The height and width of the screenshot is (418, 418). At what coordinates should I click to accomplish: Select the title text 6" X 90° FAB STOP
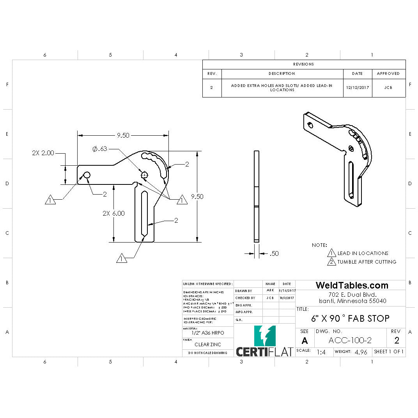tap(350, 318)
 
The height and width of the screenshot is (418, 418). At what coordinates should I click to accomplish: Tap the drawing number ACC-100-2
tap(350, 340)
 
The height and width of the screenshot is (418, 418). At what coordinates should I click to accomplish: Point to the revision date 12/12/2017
tap(357, 88)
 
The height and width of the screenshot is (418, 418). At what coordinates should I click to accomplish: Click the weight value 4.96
tap(361, 352)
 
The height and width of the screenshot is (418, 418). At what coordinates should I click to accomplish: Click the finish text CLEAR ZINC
tap(207, 344)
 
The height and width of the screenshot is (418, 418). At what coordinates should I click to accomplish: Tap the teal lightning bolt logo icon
tap(265, 336)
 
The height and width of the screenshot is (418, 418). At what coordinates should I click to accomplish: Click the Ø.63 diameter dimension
tap(100, 149)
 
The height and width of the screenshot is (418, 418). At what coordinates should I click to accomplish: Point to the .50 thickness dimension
tap(274, 253)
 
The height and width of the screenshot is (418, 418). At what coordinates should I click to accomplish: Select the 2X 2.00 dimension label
tap(43, 153)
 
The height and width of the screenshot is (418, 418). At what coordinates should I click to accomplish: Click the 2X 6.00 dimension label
tap(113, 213)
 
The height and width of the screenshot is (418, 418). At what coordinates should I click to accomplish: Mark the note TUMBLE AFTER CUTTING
tap(367, 262)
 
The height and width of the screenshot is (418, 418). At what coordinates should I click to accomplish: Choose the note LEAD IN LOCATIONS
tap(363, 253)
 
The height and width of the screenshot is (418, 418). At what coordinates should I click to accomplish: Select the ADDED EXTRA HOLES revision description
tap(282, 88)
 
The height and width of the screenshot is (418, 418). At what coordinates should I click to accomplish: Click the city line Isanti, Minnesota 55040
tap(352, 301)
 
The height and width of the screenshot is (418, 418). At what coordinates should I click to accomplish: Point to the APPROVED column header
tap(388, 73)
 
